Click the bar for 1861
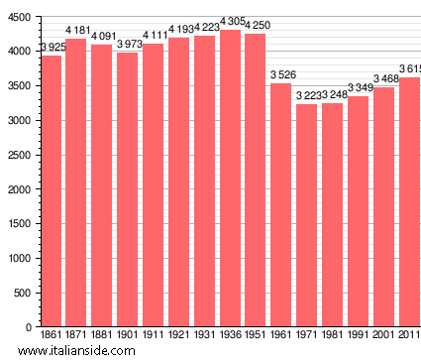pyautogui.click(x=51, y=190)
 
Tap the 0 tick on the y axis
pyautogui.click(x=27, y=327)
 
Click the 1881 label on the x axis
pyautogui.click(x=102, y=337)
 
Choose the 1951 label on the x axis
pyautogui.click(x=256, y=337)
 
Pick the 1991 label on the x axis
pyautogui.click(x=358, y=337)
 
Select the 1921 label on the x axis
pyautogui.click(x=178, y=337)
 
